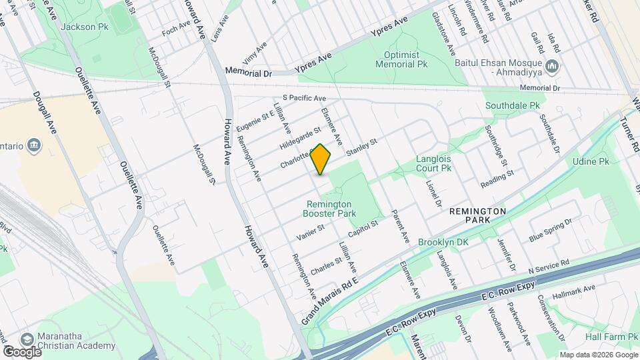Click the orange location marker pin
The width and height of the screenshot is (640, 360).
(321, 159)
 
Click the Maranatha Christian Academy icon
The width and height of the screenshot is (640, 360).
(28, 338)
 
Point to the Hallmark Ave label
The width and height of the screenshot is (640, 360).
(579, 289)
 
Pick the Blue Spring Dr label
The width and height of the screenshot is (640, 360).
(550, 230)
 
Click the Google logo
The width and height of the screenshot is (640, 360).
(21, 351)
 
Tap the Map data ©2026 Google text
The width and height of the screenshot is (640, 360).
(598, 355)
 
